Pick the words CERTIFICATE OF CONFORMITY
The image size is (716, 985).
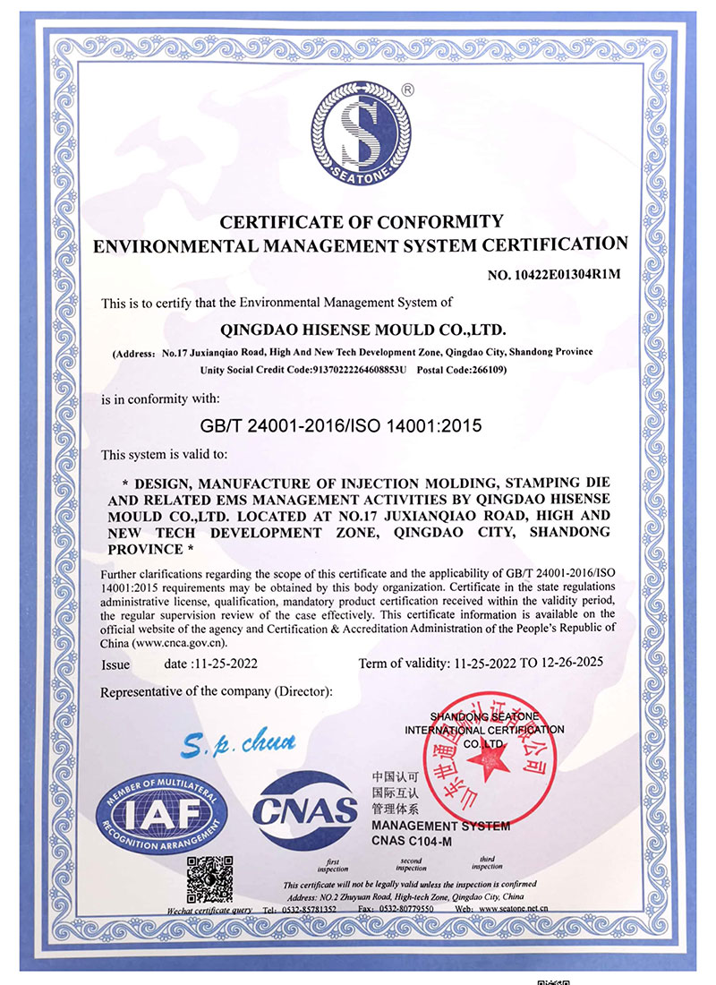coord(362,221)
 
